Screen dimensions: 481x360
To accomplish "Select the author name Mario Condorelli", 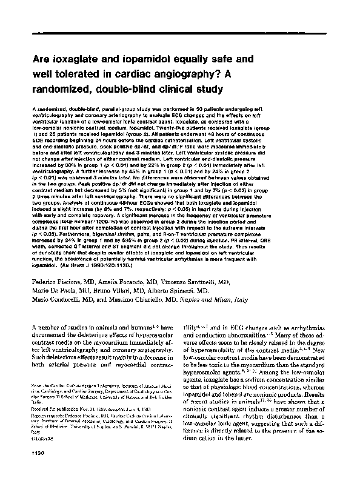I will pyautogui.click(x=59, y=300).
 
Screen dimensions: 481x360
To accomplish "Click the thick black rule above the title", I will pyautogui.click(x=181, y=36).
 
